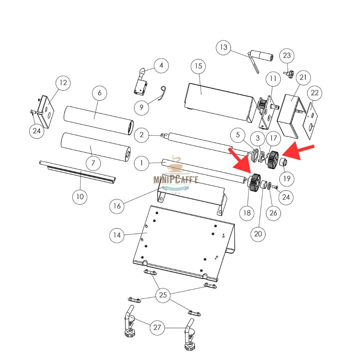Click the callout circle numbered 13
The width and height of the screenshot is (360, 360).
[x=224, y=47]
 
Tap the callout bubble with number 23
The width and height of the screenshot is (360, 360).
[x=287, y=55]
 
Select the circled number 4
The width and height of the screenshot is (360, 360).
[x=161, y=66]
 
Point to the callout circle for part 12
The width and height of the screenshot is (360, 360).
[x=63, y=83]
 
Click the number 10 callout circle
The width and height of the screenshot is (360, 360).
[x=80, y=197]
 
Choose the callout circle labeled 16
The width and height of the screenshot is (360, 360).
[x=117, y=206]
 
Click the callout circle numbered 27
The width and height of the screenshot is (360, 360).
[x=157, y=328]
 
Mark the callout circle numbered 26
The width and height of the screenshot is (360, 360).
[x=273, y=213]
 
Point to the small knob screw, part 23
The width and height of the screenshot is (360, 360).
[x=289, y=74]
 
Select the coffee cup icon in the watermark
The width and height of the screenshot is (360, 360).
[x=176, y=164]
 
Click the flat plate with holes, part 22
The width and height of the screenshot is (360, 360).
[x=311, y=121]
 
